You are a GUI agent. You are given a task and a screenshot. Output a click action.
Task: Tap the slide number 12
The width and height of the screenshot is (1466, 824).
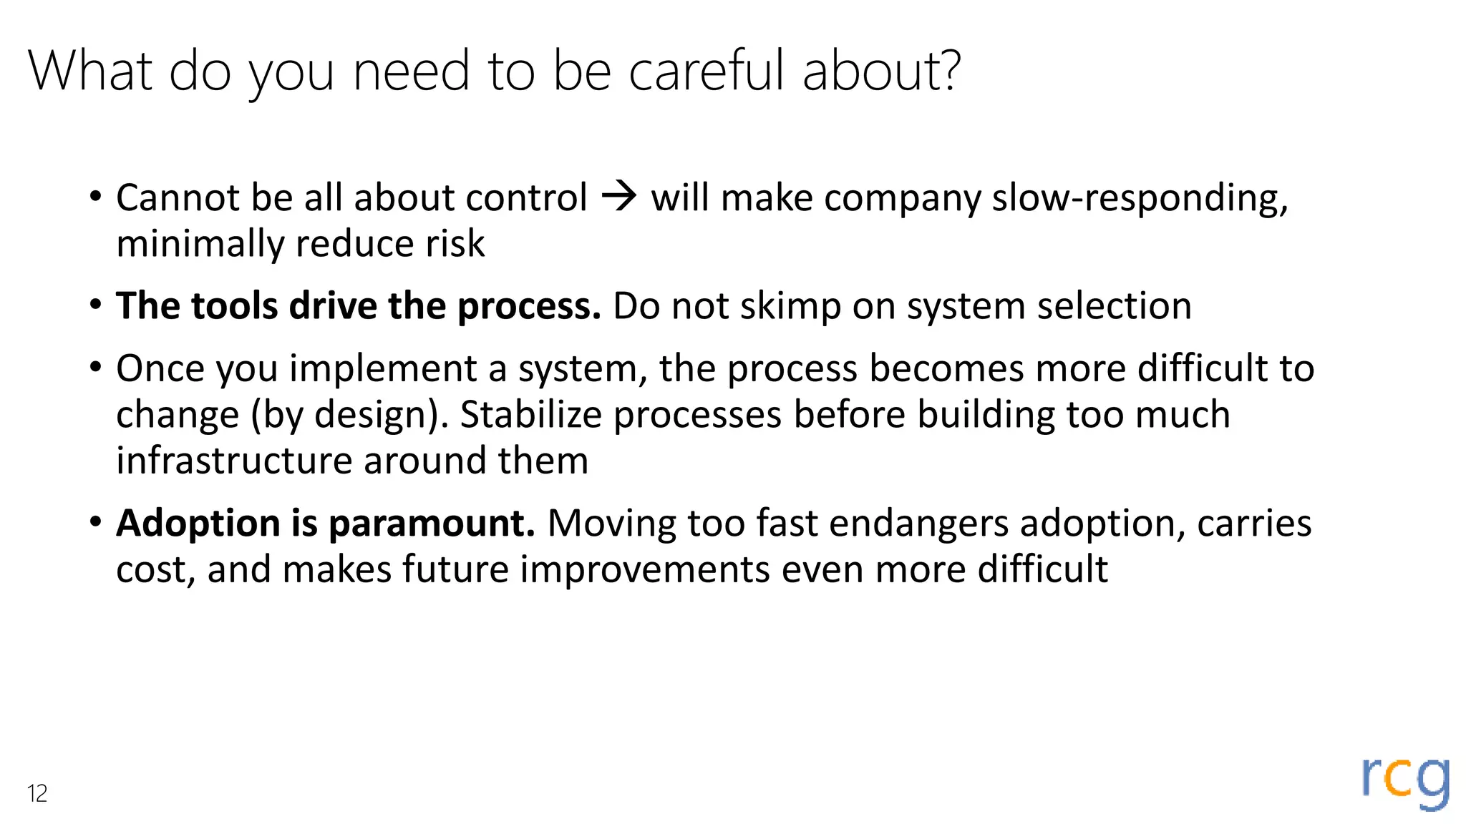(37, 793)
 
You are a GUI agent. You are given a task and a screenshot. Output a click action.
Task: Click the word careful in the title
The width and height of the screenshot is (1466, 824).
(707, 71)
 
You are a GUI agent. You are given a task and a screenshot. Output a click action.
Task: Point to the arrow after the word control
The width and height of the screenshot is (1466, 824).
(619, 197)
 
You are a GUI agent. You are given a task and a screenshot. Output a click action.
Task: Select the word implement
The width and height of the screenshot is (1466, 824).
(383, 369)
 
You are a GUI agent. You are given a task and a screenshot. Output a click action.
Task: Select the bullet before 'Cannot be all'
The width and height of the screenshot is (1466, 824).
(96, 197)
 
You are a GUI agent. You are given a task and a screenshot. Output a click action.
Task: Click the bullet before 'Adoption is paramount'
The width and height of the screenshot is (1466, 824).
(96, 522)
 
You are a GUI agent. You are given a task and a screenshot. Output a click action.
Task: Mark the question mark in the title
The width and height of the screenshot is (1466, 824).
(948, 71)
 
